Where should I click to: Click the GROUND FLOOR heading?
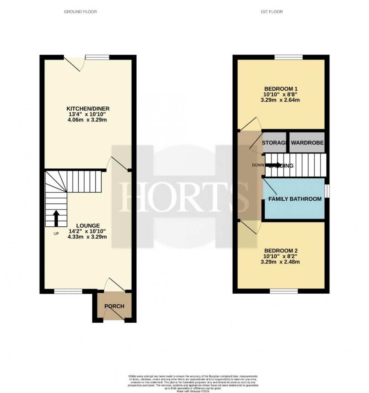pyautogui.click(x=80, y=12)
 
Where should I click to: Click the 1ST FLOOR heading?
pyautogui.click(x=271, y=12)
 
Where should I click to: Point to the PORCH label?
pyautogui.click(x=114, y=306)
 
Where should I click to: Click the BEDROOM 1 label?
pyautogui.click(x=282, y=89)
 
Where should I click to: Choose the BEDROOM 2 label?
pyautogui.click(x=282, y=250)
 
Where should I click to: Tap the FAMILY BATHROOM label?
pyautogui.click(x=295, y=199)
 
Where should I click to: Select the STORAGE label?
pyautogui.click(x=275, y=143)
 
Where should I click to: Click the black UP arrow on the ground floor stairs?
pyautogui.click(x=56, y=218)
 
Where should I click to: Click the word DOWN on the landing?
pyautogui.click(x=258, y=165)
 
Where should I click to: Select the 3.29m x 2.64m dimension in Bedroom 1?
pyautogui.click(x=282, y=100)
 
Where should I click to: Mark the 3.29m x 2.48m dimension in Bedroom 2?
pyautogui.click(x=282, y=262)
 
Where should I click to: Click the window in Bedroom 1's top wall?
pyautogui.click(x=288, y=57)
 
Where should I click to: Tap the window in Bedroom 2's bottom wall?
pyautogui.click(x=284, y=291)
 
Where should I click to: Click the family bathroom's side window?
pyautogui.click(x=326, y=191)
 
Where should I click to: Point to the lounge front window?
pyautogui.click(x=68, y=291)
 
